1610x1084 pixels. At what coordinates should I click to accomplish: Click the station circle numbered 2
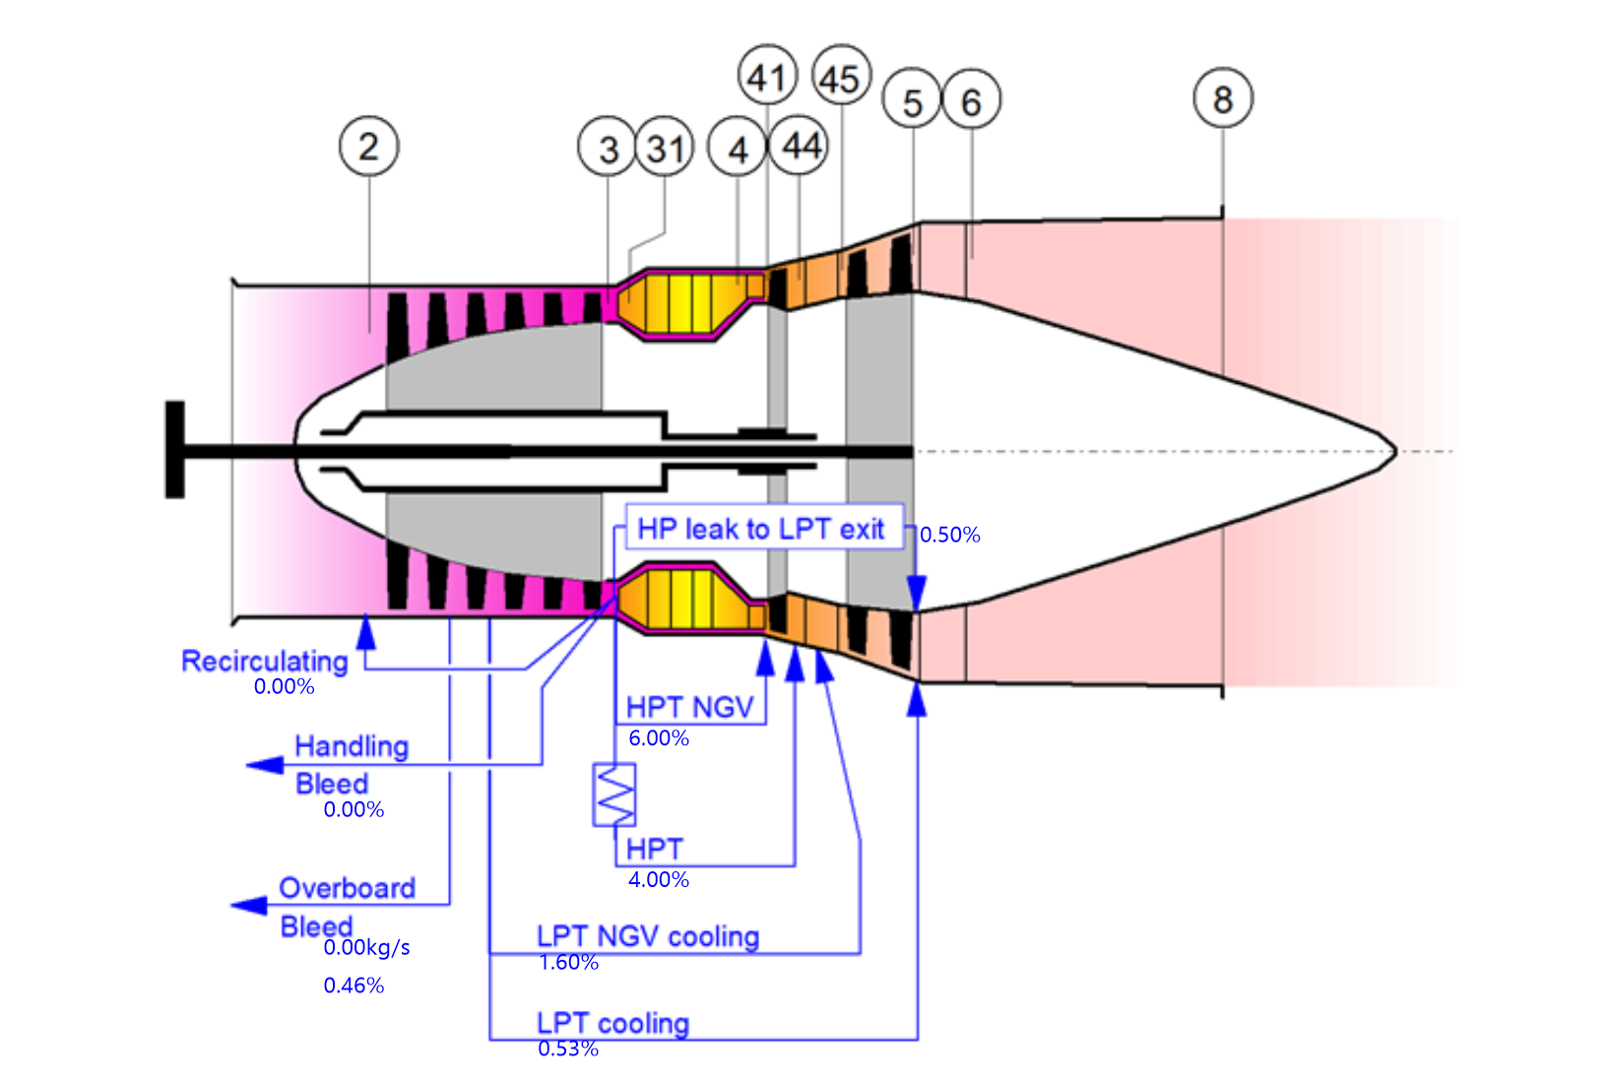click(368, 147)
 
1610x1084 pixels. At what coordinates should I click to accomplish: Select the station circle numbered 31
click(665, 149)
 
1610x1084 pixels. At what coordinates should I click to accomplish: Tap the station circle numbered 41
click(767, 77)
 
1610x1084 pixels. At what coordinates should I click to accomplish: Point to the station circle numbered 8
click(1222, 98)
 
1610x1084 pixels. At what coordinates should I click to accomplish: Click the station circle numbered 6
click(971, 101)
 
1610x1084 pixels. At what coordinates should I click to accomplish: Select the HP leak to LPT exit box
click(762, 529)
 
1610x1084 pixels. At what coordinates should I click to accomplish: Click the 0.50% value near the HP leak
click(949, 535)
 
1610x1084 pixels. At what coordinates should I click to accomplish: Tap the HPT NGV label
click(689, 707)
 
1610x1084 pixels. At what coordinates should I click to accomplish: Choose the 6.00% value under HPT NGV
click(659, 737)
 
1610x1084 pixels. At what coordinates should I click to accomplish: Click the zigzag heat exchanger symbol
click(614, 795)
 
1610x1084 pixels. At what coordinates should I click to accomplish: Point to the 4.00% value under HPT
click(659, 879)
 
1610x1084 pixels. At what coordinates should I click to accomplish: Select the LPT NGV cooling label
click(647, 935)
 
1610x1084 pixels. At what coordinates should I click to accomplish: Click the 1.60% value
click(568, 962)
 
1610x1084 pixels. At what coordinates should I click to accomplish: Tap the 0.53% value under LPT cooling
click(568, 1049)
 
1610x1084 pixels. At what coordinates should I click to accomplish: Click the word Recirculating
click(264, 661)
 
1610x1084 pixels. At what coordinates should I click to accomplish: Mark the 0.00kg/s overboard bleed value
click(366, 947)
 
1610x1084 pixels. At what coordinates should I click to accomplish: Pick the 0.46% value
click(354, 985)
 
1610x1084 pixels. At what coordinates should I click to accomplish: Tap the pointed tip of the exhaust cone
click(1393, 452)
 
